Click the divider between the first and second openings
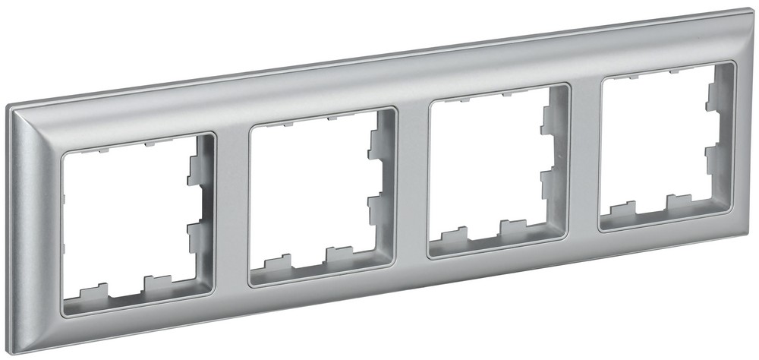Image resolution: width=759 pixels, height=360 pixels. (x=231, y=208)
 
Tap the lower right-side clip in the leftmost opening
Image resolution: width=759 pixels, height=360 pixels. (x=194, y=228)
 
